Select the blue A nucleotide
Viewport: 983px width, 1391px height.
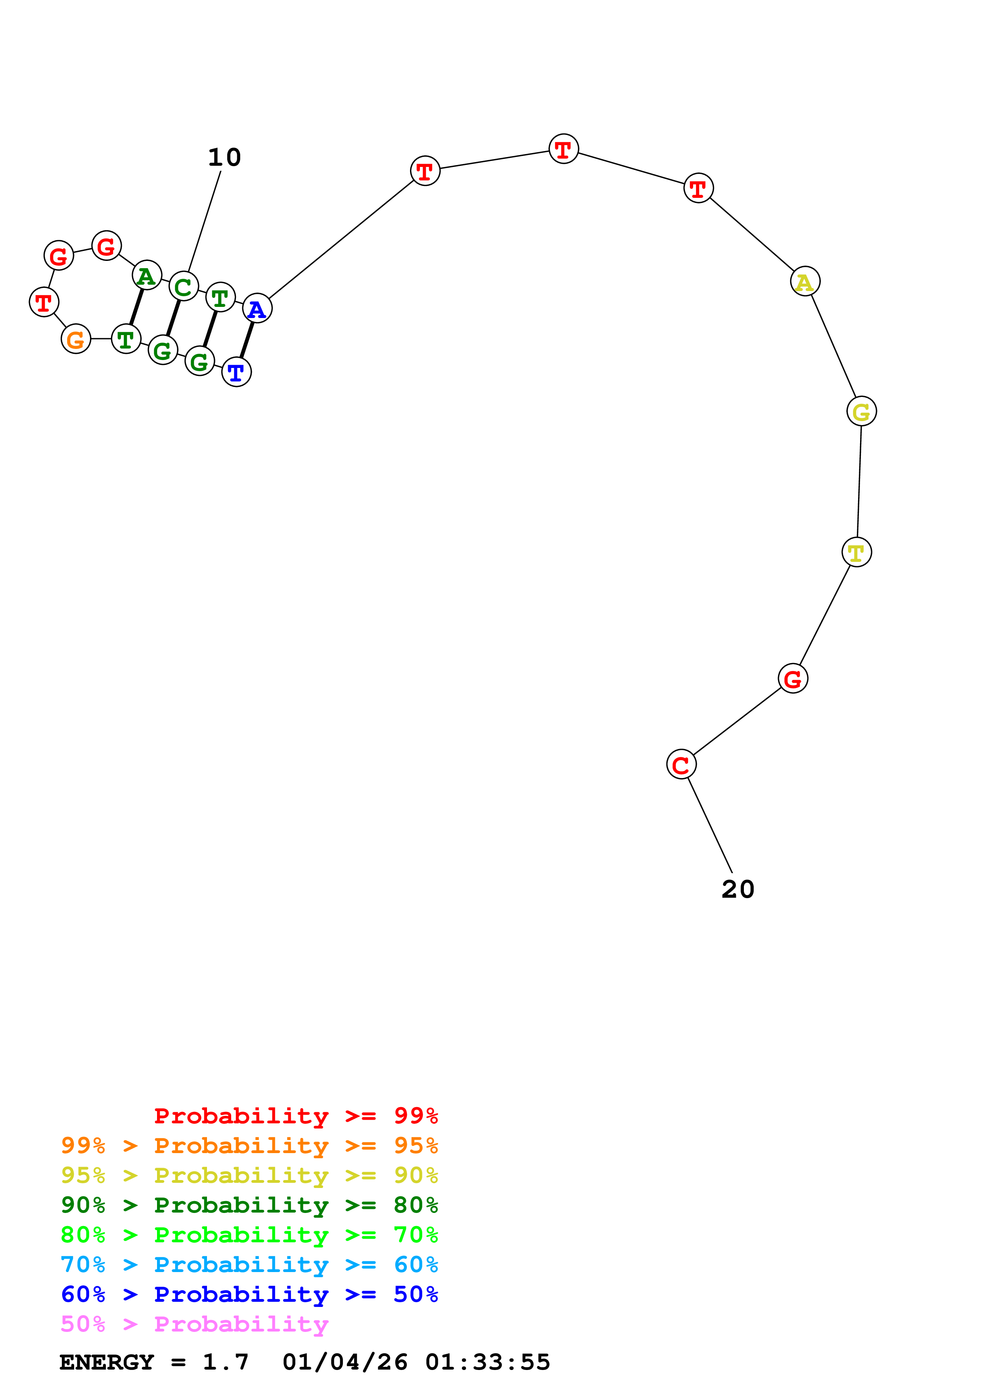click(257, 308)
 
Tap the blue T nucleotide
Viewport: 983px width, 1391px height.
click(236, 372)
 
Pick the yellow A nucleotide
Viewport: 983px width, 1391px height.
click(805, 281)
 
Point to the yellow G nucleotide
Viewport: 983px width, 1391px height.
click(861, 411)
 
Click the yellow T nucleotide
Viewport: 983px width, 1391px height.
click(857, 552)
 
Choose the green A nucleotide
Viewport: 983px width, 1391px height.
click(147, 275)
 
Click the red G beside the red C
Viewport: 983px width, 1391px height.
click(793, 678)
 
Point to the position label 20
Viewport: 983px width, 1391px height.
click(738, 889)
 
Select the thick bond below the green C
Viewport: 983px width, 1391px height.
click(173, 318)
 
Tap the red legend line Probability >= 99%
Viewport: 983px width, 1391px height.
click(296, 1116)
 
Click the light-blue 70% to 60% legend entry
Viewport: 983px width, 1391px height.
click(249, 1265)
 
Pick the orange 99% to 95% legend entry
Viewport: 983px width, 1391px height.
click(249, 1146)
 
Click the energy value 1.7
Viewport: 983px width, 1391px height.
click(225, 1362)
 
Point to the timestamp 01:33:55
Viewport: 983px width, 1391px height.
click(488, 1362)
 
